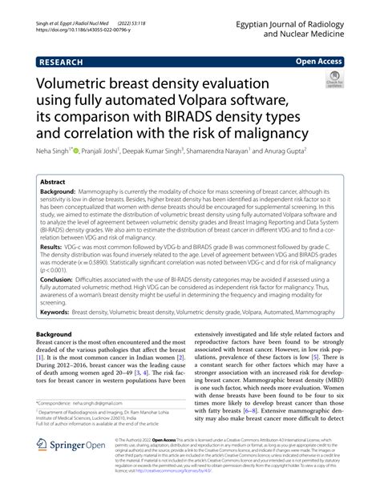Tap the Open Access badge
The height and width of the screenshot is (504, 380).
coord(320,59)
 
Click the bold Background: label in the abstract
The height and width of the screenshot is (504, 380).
coord(57,194)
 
